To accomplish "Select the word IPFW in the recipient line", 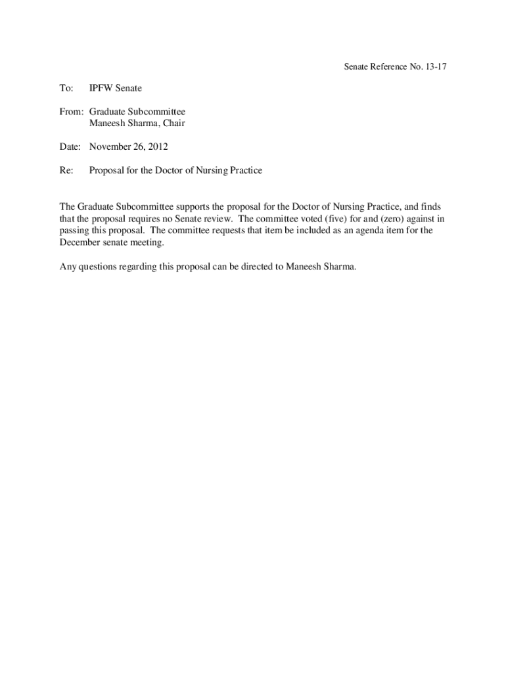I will click(101, 88).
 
